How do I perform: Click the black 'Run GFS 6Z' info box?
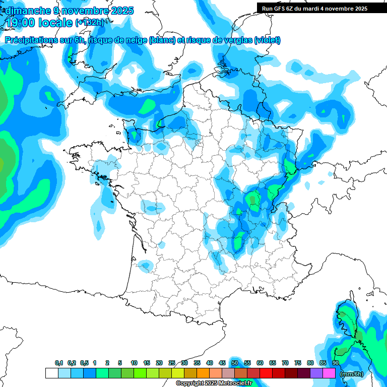coord(314,9)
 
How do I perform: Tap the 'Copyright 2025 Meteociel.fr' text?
coord(214,383)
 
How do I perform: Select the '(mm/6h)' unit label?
coord(352,374)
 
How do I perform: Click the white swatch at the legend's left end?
coord(51,373)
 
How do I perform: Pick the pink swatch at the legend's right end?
coord(329,373)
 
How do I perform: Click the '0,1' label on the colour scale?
coord(59,363)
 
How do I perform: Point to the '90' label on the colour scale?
coord(336,363)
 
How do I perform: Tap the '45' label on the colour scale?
coord(222,363)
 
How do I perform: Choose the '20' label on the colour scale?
coord(159,363)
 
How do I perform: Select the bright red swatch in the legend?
coord(266,373)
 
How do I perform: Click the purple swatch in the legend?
coord(316,373)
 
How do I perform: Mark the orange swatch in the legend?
coord(203,373)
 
